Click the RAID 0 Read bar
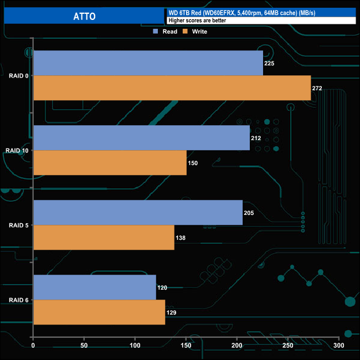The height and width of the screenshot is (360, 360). coord(148,63)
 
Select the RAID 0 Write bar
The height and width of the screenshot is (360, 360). coord(172,88)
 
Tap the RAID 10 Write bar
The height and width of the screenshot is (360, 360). coord(110,163)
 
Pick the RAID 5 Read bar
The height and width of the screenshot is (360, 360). coord(138,213)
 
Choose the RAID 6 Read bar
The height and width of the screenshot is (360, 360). coord(95,287)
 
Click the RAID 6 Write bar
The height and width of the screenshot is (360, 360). coord(99,312)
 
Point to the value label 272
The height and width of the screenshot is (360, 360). coord(317,89)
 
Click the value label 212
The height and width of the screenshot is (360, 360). coord(256,138)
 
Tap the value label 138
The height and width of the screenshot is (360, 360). coord(181,238)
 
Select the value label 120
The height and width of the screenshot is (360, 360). coord(162,288)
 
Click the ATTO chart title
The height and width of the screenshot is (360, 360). coord(84,16)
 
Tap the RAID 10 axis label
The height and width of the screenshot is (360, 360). coord(17,150)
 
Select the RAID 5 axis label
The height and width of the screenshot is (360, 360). coord(19,225)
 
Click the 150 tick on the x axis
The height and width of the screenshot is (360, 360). coord(186,346)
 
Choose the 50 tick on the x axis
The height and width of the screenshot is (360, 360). coord(84,346)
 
